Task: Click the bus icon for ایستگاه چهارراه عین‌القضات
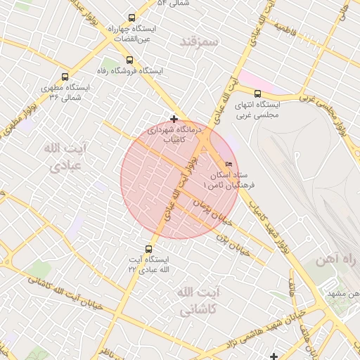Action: click(131, 18)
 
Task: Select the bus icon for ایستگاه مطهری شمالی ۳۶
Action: click(65, 77)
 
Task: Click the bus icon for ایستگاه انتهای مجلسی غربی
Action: click(257, 94)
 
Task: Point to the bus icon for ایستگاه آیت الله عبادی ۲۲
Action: click(148, 248)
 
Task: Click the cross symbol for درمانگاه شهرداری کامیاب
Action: click(174, 119)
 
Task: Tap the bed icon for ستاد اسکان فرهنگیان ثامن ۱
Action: click(226, 164)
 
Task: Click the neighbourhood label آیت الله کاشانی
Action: click(190, 300)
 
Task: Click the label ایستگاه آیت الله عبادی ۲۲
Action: click(149, 264)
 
